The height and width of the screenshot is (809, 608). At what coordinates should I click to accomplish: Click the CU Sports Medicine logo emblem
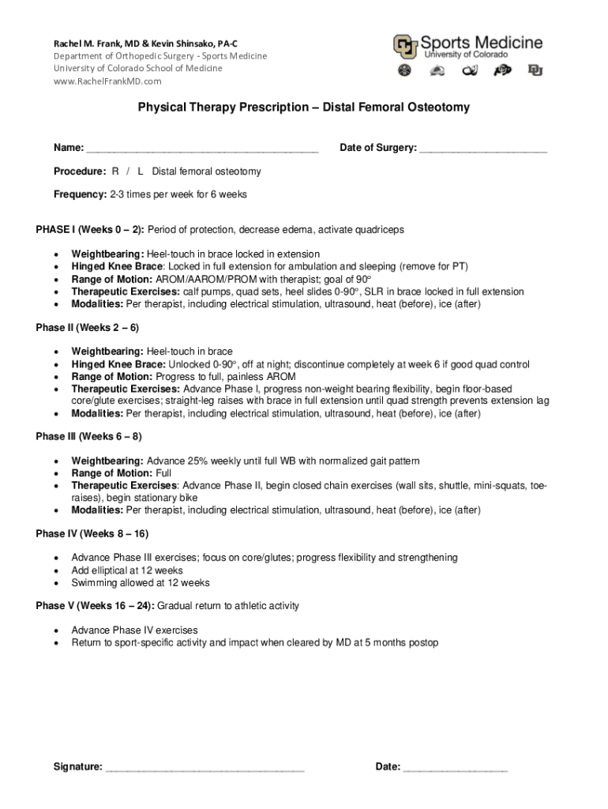click(x=406, y=47)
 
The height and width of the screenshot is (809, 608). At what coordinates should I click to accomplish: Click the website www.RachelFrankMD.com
click(x=107, y=81)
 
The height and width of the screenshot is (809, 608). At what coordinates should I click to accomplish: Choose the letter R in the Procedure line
click(x=115, y=171)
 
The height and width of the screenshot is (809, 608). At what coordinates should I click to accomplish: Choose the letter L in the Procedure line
click(x=141, y=171)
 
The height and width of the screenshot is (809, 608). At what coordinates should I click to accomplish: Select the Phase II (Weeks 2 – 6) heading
click(x=88, y=328)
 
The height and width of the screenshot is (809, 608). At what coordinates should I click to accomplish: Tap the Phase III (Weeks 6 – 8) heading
click(x=89, y=437)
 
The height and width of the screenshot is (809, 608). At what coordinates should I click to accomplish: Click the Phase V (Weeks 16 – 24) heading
click(x=96, y=607)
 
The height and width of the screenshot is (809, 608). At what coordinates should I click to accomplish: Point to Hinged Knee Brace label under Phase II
click(x=118, y=365)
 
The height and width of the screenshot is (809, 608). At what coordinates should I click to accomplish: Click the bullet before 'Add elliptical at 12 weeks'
click(x=55, y=571)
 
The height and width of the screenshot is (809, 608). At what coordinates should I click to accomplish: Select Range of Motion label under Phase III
click(x=112, y=473)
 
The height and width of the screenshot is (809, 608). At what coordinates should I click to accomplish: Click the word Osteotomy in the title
click(x=431, y=107)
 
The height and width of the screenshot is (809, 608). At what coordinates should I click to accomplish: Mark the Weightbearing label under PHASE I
click(x=107, y=254)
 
